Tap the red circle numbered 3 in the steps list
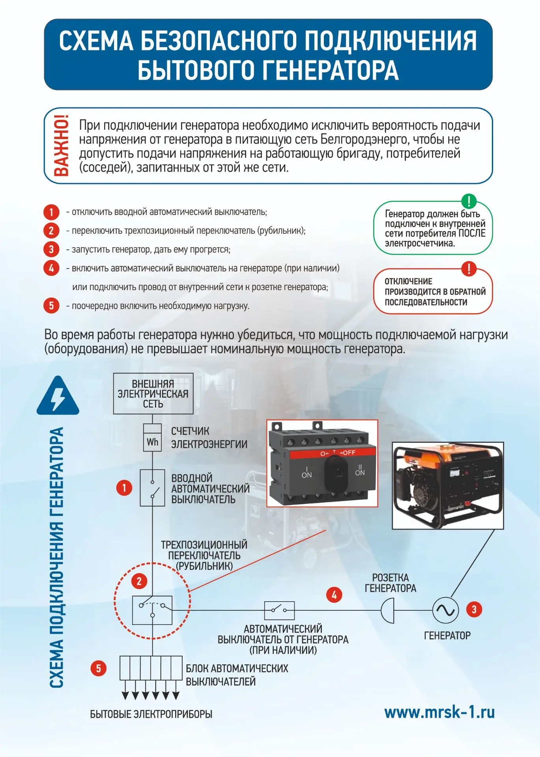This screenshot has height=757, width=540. [x=51, y=249]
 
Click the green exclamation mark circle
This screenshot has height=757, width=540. [x=469, y=201]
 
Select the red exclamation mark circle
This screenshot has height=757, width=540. [x=469, y=269]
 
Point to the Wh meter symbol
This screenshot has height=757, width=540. [x=152, y=442]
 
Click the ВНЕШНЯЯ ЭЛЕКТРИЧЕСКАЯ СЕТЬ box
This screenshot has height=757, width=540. [x=153, y=393]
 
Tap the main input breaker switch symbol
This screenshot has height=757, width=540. [x=152, y=488]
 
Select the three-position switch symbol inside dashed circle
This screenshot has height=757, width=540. [x=152, y=610]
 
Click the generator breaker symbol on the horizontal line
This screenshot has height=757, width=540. [x=279, y=610]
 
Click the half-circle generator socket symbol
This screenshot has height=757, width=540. [x=388, y=610]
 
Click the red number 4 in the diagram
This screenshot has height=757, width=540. [x=334, y=595]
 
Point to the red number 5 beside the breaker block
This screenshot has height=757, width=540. [x=99, y=668]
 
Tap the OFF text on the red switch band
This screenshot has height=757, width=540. [x=348, y=453]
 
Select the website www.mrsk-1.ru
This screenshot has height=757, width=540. [x=439, y=712]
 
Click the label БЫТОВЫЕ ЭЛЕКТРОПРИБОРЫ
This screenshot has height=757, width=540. [x=151, y=714]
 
